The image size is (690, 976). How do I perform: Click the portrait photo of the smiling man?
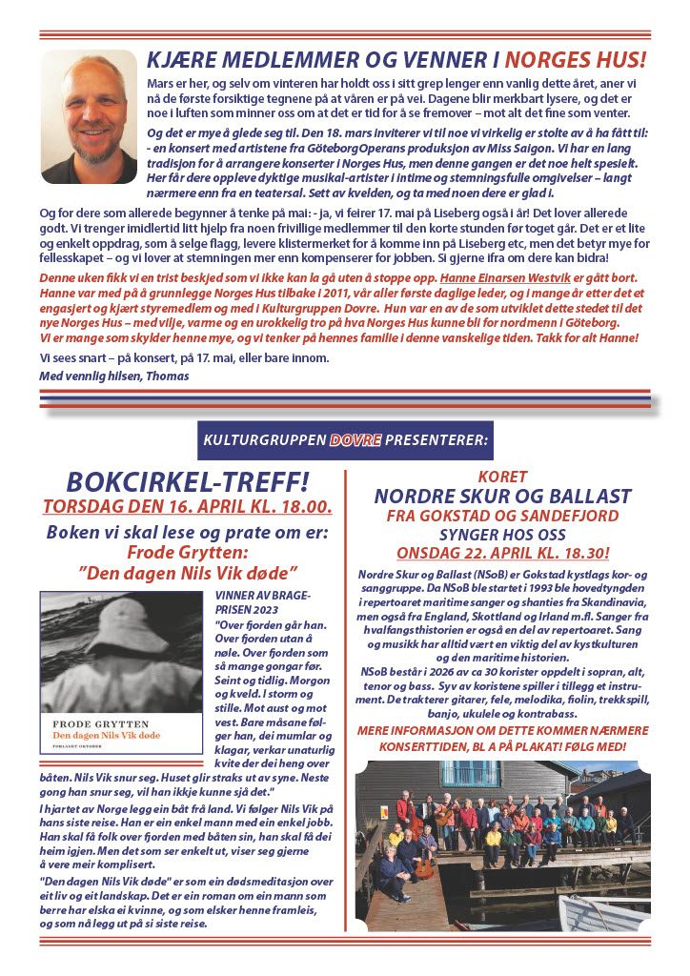tap(90, 116)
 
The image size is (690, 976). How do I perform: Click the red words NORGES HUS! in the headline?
tap(575, 59)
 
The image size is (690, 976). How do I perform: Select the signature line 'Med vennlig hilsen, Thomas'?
tap(114, 376)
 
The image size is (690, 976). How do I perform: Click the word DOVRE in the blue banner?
tap(355, 440)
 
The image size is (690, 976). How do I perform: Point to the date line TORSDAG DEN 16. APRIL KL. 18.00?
tap(188, 506)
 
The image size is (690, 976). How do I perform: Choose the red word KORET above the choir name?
tap(502, 476)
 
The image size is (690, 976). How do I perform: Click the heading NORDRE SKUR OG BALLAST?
tap(502, 496)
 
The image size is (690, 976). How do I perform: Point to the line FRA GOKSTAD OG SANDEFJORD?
tap(502, 516)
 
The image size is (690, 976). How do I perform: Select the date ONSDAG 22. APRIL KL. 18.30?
tap(502, 553)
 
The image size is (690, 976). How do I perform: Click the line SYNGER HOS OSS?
tap(502, 534)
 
